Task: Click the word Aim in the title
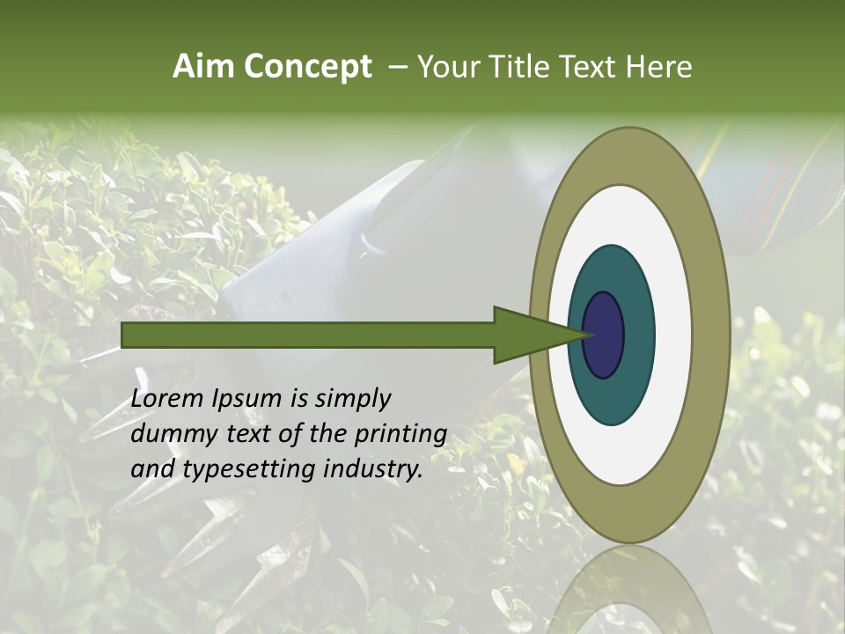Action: (x=203, y=67)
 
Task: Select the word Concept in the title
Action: (x=307, y=67)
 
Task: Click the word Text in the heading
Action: (x=589, y=67)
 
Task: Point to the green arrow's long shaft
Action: (x=308, y=335)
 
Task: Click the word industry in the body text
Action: (x=370, y=470)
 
